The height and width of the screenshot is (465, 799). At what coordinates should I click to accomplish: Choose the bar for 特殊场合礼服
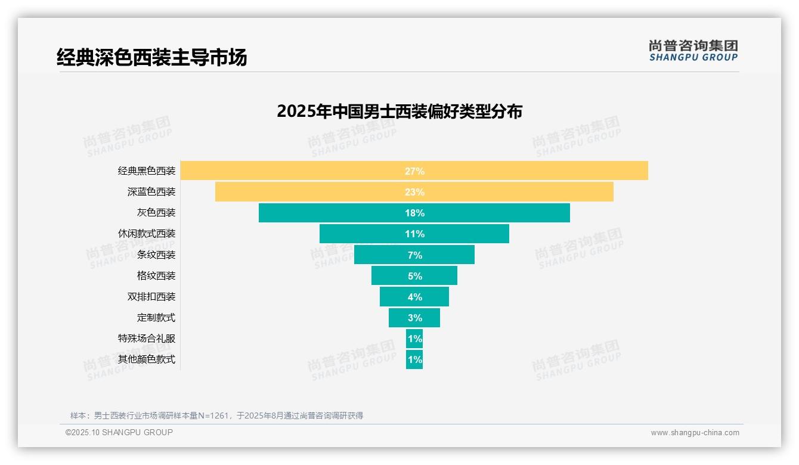coord(414,339)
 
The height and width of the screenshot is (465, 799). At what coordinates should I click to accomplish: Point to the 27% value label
coord(414,171)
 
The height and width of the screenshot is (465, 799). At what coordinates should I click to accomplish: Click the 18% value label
coord(414,213)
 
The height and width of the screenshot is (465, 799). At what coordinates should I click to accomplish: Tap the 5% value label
coord(414,276)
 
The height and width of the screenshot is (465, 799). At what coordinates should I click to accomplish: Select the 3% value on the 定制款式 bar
coord(414,318)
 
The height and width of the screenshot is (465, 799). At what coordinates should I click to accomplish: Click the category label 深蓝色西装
coord(151,192)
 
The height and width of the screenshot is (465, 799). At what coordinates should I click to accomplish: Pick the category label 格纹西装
coord(156,276)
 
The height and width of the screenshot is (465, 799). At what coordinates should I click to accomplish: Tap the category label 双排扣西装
coord(151,297)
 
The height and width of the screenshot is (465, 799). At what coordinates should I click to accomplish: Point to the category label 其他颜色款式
coord(147,359)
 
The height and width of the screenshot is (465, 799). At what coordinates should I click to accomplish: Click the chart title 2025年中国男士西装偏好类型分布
coord(399,111)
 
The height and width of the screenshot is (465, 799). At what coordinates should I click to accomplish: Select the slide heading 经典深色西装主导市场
coord(151,58)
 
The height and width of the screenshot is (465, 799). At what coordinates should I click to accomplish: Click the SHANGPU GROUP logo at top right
coord(693,51)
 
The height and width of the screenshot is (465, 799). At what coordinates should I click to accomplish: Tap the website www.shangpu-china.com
coord(695,433)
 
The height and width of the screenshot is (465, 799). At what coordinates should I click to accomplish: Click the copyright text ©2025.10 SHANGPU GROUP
coord(119,432)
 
